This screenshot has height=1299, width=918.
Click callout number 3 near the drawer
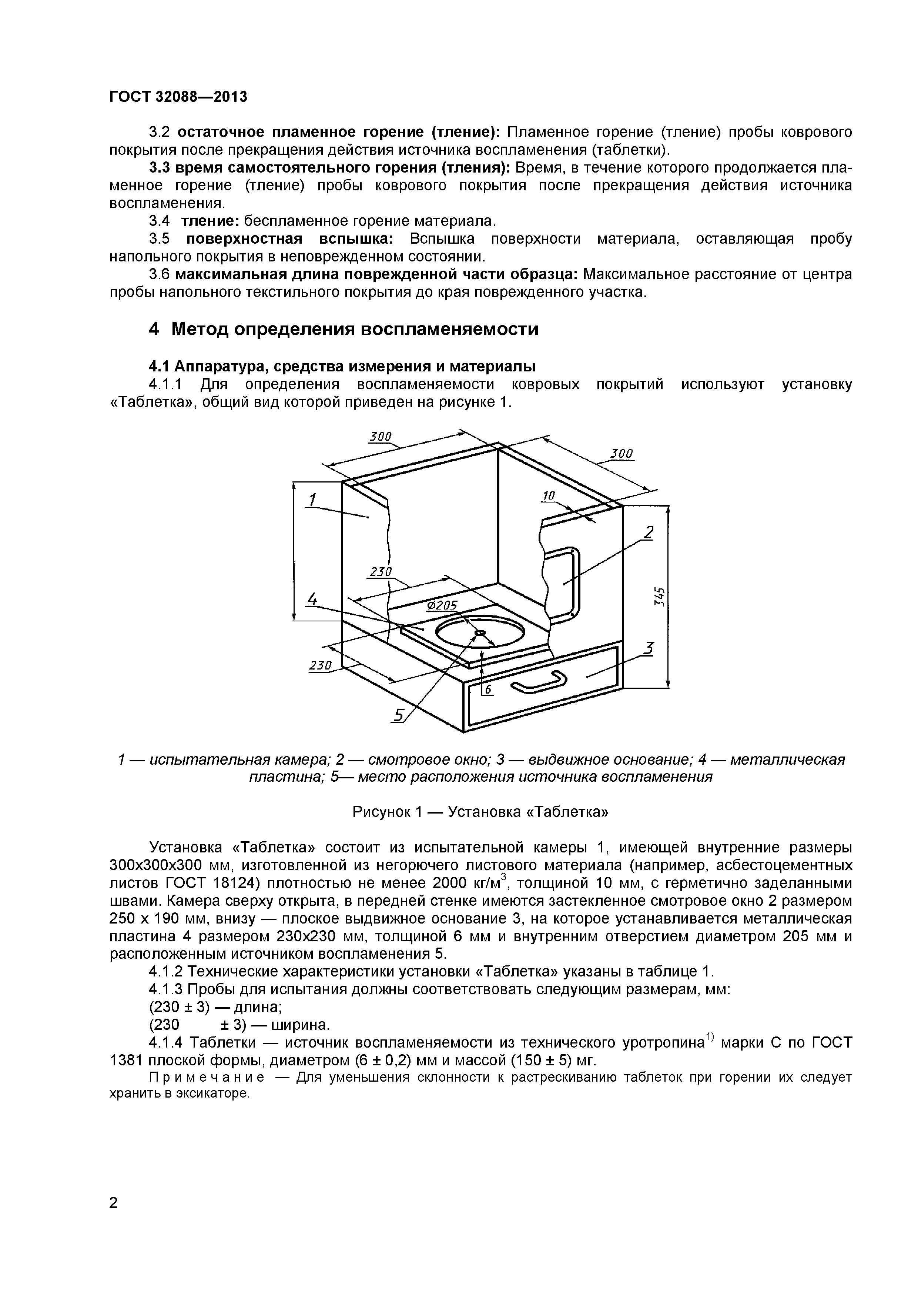(649, 648)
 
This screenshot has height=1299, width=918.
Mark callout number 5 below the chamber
(399, 715)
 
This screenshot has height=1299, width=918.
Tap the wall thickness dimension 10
(549, 496)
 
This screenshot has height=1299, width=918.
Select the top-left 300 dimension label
(380, 437)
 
